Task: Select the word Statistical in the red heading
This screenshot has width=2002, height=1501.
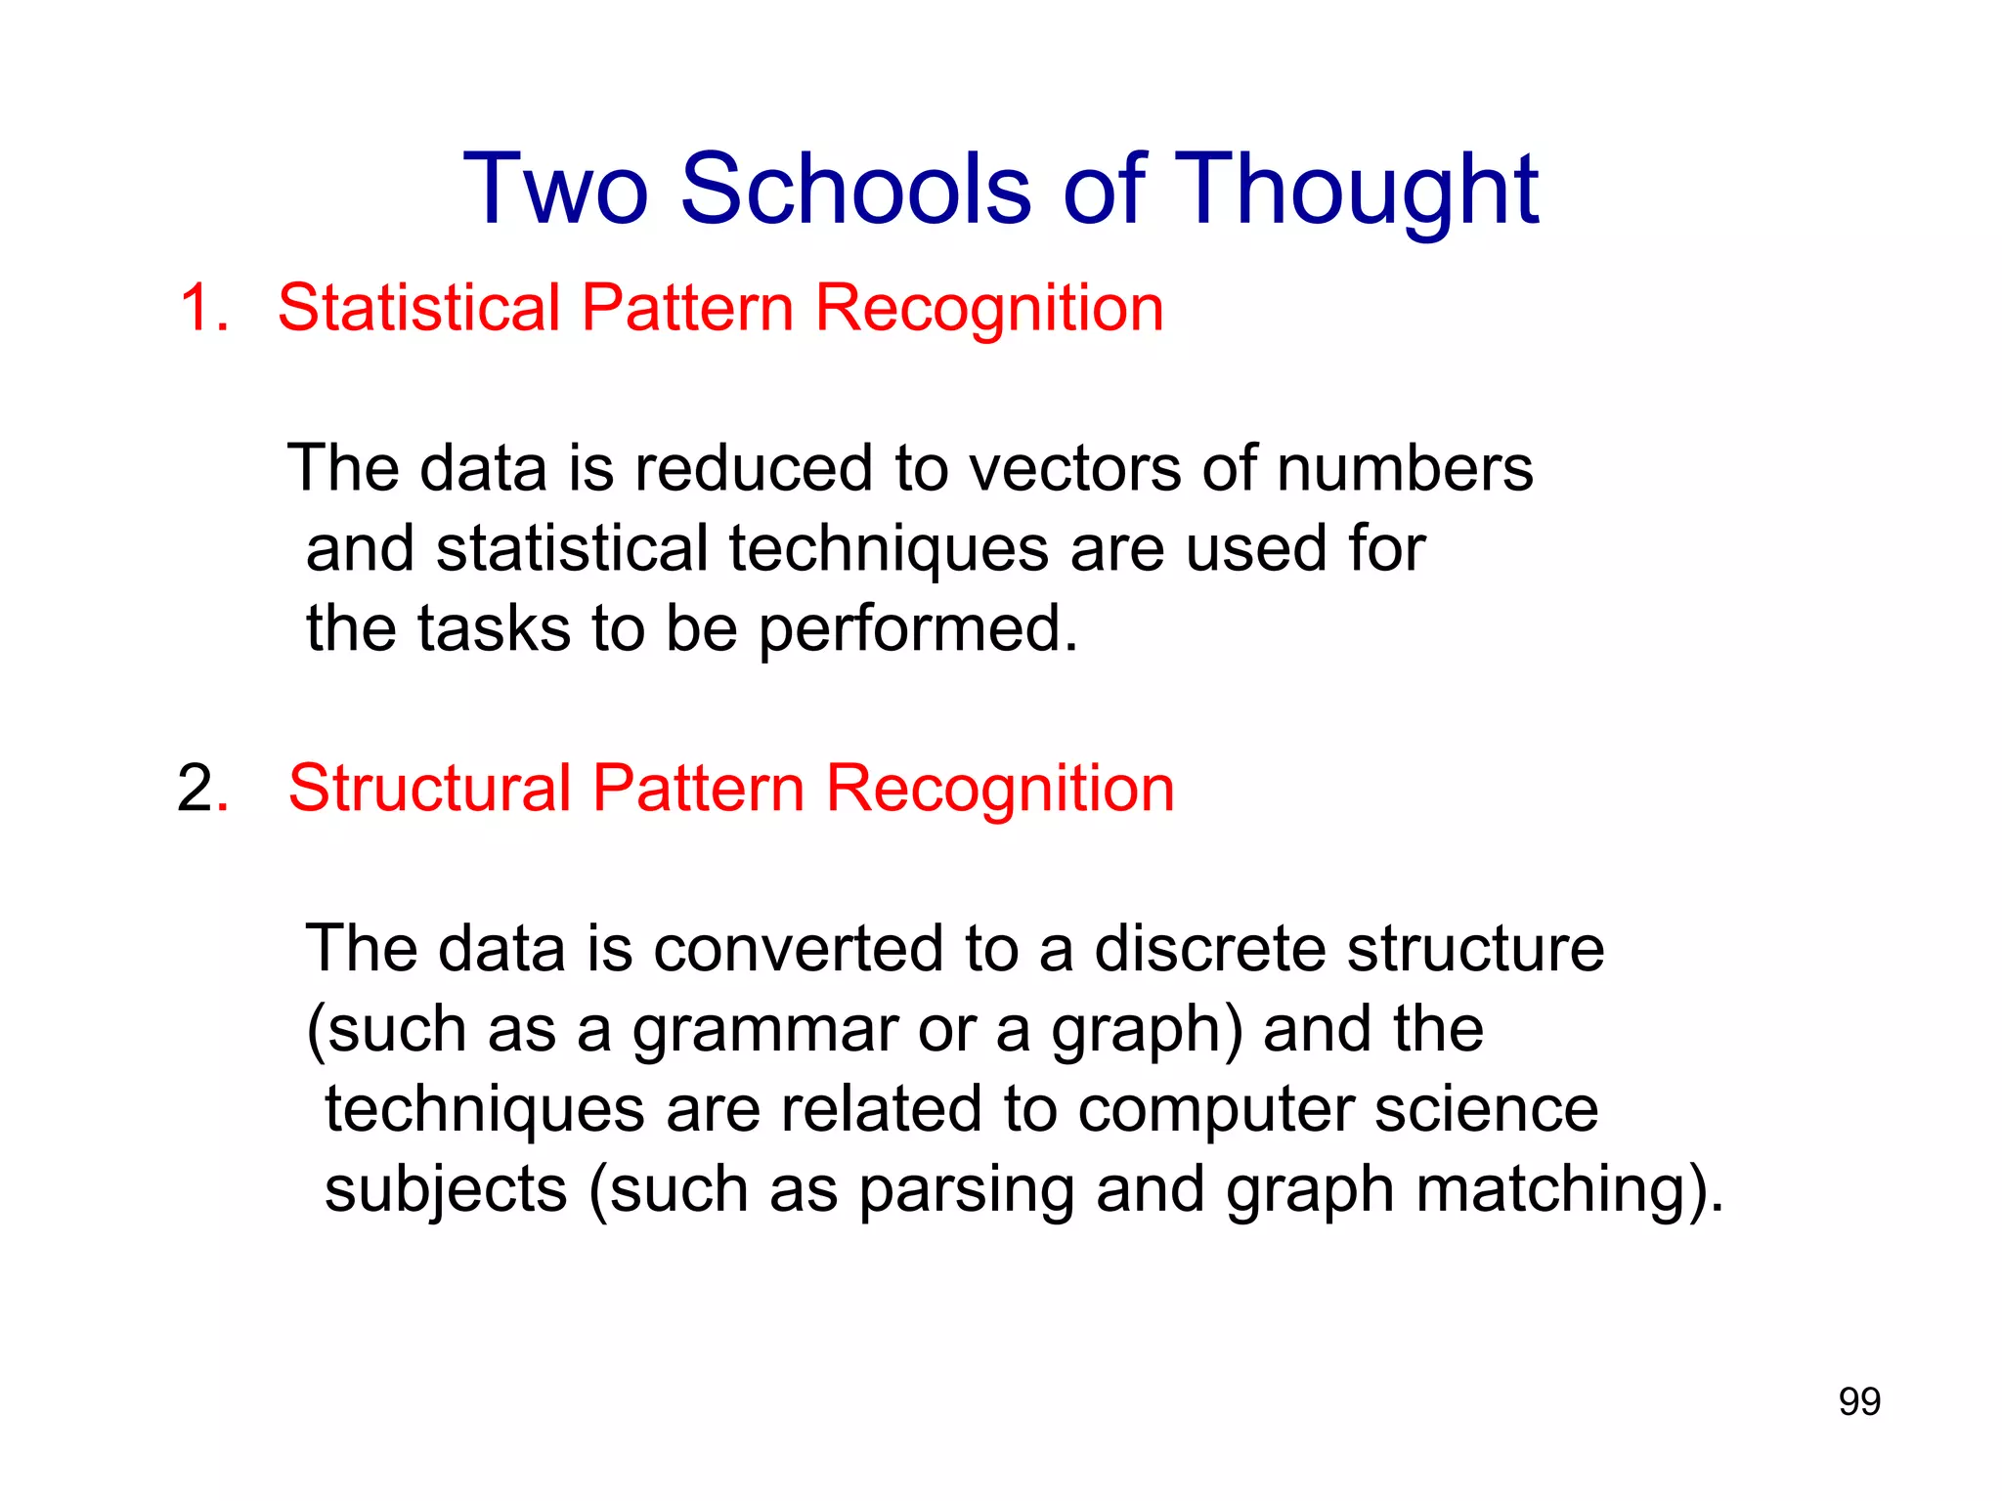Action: (418, 308)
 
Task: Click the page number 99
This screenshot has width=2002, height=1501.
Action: (1859, 1401)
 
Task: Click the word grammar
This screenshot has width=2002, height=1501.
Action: (764, 1032)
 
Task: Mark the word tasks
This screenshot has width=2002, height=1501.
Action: (494, 628)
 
